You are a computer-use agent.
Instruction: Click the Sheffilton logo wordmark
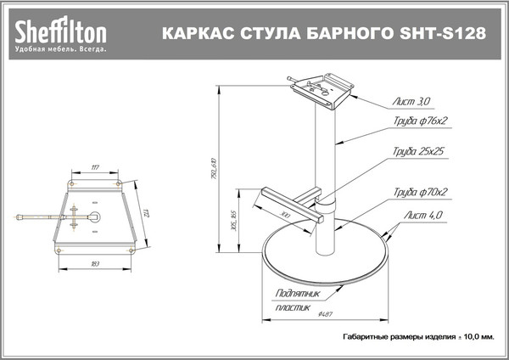click(59, 32)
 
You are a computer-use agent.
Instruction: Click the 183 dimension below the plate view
click(95, 266)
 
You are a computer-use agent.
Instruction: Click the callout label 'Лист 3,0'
click(412, 101)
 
